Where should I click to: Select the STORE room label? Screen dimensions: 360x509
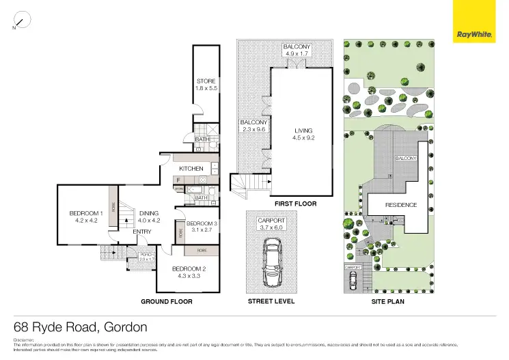click(x=206, y=85)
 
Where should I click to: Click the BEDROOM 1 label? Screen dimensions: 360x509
click(x=86, y=217)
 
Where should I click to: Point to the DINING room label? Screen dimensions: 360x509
click(x=148, y=217)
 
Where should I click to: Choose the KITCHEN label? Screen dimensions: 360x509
click(x=191, y=168)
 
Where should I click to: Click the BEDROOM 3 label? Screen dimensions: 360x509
click(x=202, y=227)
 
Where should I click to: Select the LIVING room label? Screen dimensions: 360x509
click(x=303, y=133)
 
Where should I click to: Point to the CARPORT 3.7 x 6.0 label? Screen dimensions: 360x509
click(x=272, y=225)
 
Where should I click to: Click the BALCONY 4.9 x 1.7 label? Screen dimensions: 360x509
click(x=297, y=50)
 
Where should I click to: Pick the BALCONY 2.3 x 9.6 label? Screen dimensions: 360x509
click(x=251, y=126)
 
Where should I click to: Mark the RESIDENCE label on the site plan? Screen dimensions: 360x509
click(x=401, y=204)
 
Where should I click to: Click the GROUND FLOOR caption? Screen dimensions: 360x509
click(x=166, y=301)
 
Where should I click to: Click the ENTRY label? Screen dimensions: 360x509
click(x=142, y=232)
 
